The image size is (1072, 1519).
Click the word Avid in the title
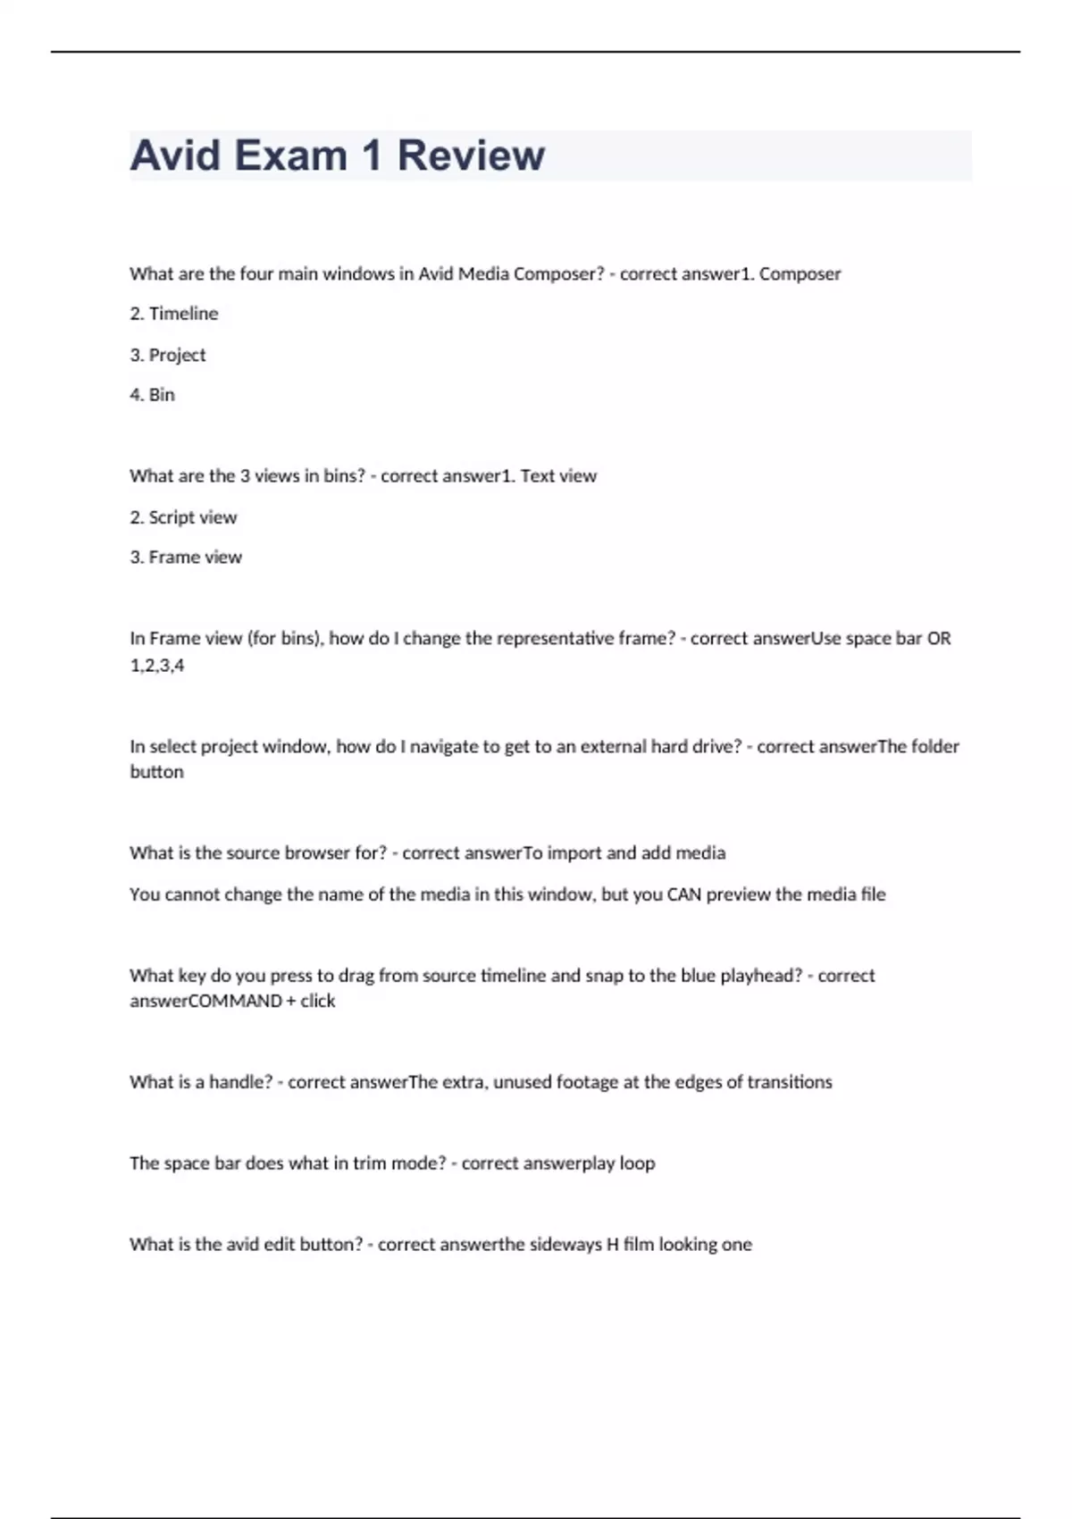click(176, 155)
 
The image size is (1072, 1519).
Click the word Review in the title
click(470, 155)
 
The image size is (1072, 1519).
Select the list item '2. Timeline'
click(174, 314)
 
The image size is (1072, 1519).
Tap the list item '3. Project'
click(168, 355)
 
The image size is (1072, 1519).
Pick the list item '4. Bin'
click(153, 395)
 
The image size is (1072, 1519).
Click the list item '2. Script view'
click(183, 517)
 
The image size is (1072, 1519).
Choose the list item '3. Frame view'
click(186, 558)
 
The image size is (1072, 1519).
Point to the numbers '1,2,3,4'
click(157, 665)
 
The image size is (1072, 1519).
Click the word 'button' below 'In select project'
click(157, 772)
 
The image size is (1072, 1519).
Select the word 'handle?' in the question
click(240, 1082)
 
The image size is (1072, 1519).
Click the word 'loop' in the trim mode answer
click(638, 1163)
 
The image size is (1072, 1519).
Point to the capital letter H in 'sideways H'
click(613, 1245)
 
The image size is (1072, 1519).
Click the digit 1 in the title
click(373, 155)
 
